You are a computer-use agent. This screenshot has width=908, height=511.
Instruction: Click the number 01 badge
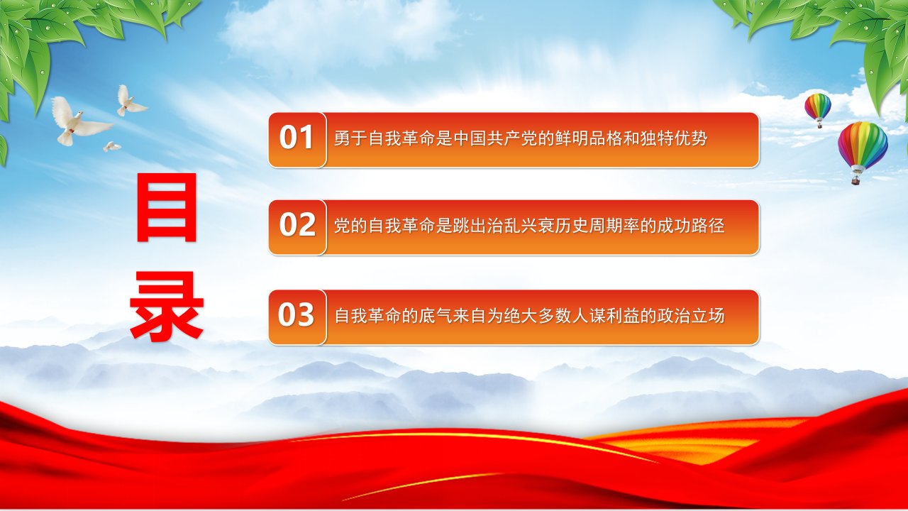pyautogui.click(x=297, y=140)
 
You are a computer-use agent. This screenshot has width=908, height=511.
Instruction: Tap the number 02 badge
pyautogui.click(x=297, y=227)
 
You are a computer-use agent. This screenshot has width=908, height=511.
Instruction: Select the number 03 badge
pyautogui.click(x=297, y=317)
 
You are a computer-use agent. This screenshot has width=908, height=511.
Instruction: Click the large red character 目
pyautogui.click(x=167, y=207)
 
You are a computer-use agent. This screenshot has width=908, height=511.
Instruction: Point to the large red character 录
pyautogui.click(x=167, y=306)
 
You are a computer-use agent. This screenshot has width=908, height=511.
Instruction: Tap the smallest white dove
pyautogui.click(x=111, y=146)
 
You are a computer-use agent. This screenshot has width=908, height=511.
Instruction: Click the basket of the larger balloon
pyautogui.click(x=856, y=180)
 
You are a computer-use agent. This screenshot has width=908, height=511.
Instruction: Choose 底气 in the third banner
pyautogui.click(x=436, y=316)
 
